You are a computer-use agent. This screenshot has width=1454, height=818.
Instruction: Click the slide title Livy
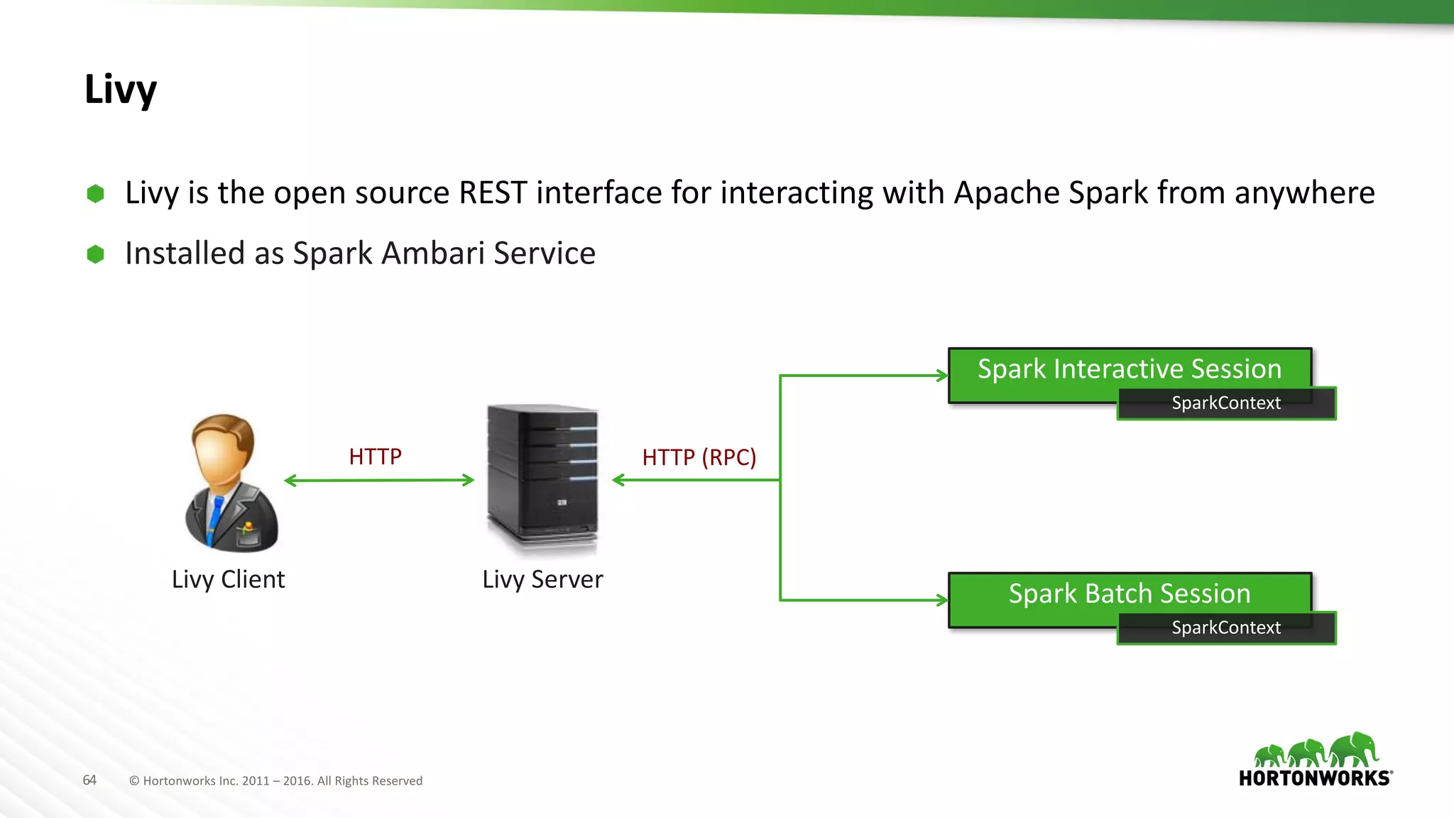pos(120,90)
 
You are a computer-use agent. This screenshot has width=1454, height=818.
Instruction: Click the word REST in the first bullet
pos(493,193)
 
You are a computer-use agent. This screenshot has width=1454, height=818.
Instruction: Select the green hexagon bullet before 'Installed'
pos(95,254)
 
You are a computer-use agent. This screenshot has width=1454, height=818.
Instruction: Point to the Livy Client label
pos(228,579)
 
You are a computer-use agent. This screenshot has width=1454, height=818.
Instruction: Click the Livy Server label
pos(542,579)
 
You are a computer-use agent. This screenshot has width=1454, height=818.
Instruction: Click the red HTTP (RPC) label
pos(699,457)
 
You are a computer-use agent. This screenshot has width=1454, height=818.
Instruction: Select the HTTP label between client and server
pos(375,457)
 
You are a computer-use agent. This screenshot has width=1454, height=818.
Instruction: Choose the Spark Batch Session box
pos(1129,594)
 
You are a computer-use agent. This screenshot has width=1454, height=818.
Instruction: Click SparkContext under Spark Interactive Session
pos(1226,403)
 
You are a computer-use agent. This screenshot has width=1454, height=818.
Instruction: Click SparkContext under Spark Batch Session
pos(1226,628)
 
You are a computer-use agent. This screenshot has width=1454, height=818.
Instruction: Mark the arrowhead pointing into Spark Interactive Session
pos(942,376)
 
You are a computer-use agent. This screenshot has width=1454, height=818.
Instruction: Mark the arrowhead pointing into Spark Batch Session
pos(942,600)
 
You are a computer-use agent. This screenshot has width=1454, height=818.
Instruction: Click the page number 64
pos(89,780)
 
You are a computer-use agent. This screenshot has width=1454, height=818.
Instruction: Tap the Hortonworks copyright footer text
pos(276,781)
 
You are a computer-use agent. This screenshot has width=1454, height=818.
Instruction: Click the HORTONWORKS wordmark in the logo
pos(1315,778)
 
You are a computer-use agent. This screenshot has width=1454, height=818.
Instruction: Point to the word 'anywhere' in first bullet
pos(1304,193)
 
